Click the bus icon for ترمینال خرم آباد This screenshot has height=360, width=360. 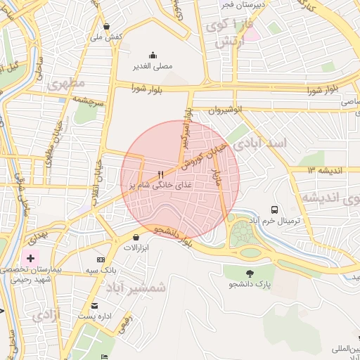click(x=274, y=210)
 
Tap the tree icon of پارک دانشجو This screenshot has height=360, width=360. click(x=249, y=273)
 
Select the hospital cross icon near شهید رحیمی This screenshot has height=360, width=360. click(x=30, y=258)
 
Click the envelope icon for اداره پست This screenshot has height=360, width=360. click(x=94, y=306)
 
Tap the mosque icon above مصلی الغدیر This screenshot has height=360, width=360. click(x=153, y=56)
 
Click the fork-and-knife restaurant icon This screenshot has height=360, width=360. click(x=161, y=174)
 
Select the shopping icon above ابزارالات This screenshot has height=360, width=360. click(x=136, y=238)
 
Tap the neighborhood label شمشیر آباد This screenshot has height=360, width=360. click(x=135, y=287)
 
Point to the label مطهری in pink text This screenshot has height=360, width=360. click(x=66, y=84)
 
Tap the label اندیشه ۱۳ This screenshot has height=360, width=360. click(x=324, y=170)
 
